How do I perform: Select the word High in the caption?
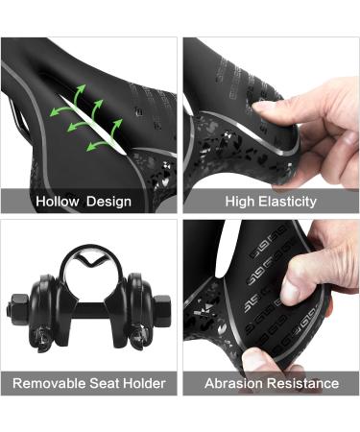tap(241, 202)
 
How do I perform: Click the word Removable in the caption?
tap(50, 383)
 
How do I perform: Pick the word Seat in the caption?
tap(105, 383)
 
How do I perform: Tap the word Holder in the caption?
tap(144, 383)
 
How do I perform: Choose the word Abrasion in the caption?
tap(234, 383)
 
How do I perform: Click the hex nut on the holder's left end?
tap(21, 310)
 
